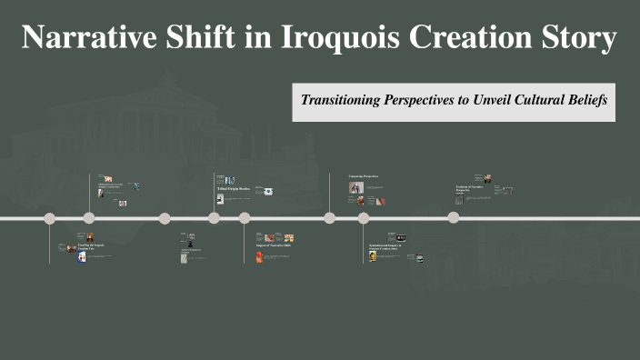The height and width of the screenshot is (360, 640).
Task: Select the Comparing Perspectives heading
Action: tap(363, 175)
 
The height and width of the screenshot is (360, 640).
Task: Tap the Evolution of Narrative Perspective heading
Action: tap(468, 189)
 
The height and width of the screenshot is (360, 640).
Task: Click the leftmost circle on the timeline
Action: tap(50, 218)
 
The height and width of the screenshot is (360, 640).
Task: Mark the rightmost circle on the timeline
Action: tap(453, 218)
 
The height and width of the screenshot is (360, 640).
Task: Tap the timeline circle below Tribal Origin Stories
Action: tap(214, 218)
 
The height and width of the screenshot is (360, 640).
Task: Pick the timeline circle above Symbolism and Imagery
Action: tap(364, 218)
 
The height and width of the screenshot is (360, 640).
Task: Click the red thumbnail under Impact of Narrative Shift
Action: tap(258, 258)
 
